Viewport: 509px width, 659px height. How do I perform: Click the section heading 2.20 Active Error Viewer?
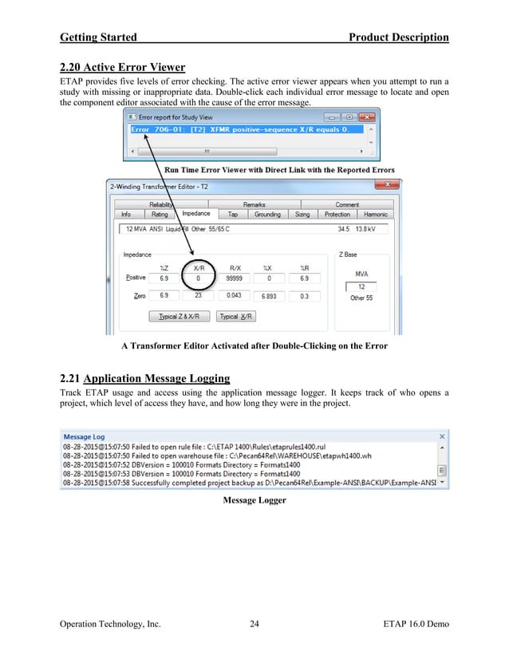click(x=122, y=66)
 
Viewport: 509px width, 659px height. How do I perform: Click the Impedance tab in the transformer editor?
click(x=196, y=214)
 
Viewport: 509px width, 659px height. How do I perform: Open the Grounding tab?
click(x=267, y=214)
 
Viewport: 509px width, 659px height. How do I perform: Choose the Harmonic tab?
click(x=375, y=214)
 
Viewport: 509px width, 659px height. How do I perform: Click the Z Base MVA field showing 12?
click(x=361, y=286)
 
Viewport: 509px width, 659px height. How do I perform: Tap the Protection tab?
click(x=337, y=214)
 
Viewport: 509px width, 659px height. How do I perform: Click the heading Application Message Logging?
click(x=156, y=378)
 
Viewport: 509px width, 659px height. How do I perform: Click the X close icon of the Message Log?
click(x=443, y=437)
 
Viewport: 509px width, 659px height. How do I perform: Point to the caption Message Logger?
click(x=254, y=500)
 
